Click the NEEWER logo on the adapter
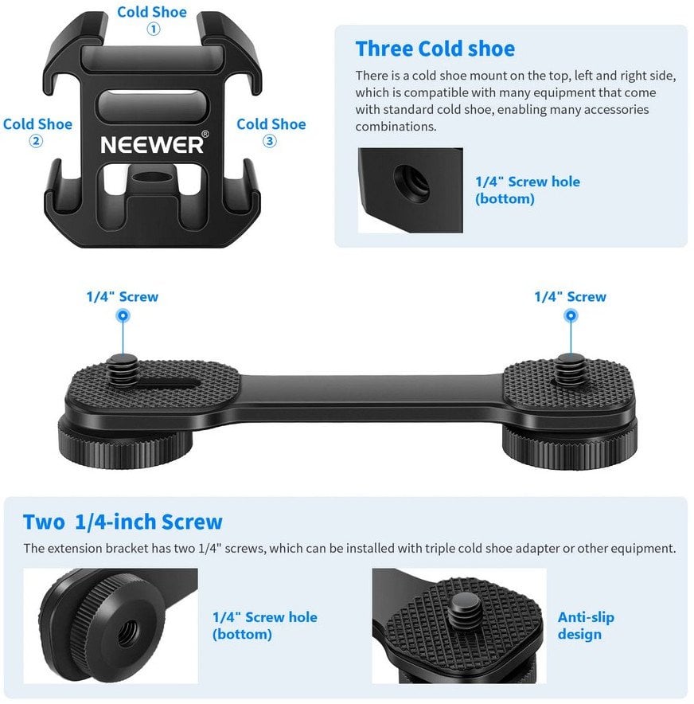pos(153,145)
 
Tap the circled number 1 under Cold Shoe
pos(153,29)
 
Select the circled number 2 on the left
pos(37,142)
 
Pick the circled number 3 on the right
pos(270,141)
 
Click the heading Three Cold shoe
pos(435,49)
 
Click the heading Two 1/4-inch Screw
pos(123,522)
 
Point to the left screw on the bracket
pos(122,368)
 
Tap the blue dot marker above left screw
pos(122,315)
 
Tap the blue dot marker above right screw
pos(570,315)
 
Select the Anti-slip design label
pos(586,626)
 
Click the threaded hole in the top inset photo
pos(412,183)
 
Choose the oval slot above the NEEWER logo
pos(152,104)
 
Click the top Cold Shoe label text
pos(152,12)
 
